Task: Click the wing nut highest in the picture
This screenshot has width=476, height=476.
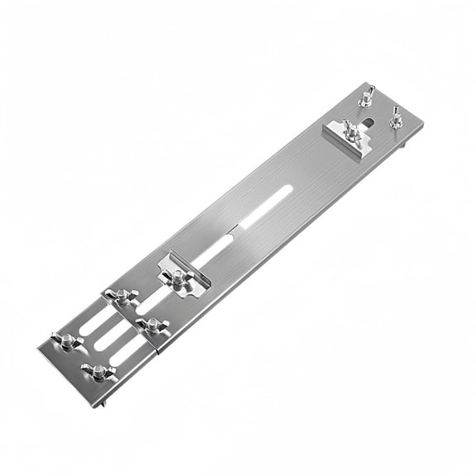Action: pyautogui.click(x=365, y=96)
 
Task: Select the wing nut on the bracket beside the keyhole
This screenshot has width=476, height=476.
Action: pyautogui.click(x=352, y=131)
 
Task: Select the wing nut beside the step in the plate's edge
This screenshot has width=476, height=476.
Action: pyautogui.click(x=151, y=324)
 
